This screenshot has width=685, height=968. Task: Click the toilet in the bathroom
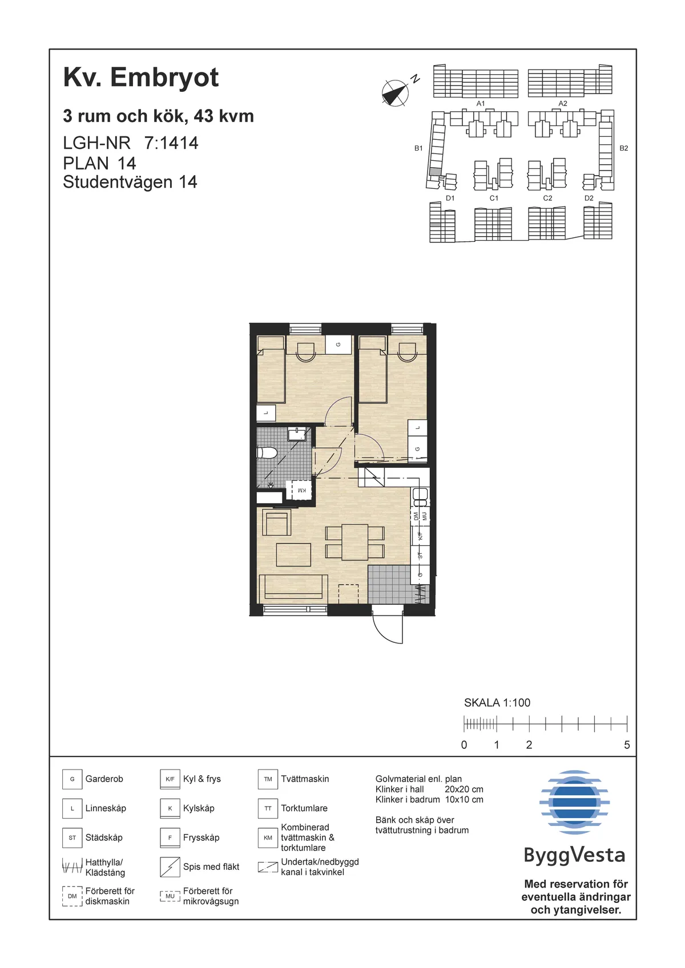[x=267, y=453]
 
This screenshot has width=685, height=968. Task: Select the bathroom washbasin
[x=297, y=434]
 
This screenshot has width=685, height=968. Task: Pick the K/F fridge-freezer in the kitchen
[x=420, y=536]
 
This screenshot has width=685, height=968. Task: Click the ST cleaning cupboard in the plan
[x=420, y=556]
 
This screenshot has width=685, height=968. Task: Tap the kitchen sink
[x=420, y=497]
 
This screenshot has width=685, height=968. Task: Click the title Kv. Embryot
[x=141, y=78]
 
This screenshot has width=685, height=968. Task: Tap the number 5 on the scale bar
[x=627, y=744]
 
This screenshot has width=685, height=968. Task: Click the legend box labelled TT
[x=268, y=808]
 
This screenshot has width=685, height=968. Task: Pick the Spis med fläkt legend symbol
[x=170, y=867]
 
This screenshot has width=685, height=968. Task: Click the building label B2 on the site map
[x=623, y=148]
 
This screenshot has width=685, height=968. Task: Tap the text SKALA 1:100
[x=497, y=703]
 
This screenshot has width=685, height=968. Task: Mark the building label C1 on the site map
[x=494, y=198]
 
